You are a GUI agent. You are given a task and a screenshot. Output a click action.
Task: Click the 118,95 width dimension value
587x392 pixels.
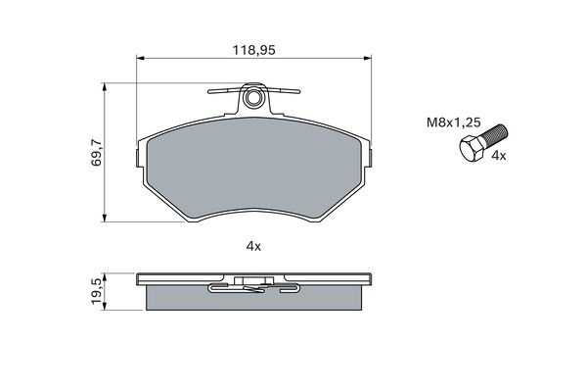[253, 50]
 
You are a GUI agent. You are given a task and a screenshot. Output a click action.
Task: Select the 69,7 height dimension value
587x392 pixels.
[96, 152]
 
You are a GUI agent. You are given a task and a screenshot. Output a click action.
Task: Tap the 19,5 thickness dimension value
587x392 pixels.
[96, 291]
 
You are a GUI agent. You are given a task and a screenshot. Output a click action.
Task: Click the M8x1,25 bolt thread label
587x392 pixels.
[453, 122]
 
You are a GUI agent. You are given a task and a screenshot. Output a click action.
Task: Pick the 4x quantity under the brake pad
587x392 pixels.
[253, 246]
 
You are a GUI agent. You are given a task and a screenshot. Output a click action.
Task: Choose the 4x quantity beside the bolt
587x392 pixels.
[498, 156]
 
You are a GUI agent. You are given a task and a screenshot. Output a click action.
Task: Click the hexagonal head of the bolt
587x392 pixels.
[472, 149]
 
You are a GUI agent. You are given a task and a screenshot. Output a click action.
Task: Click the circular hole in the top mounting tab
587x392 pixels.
[253, 98]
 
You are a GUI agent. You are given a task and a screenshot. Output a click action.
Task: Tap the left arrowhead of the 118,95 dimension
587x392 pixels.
[140, 58]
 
